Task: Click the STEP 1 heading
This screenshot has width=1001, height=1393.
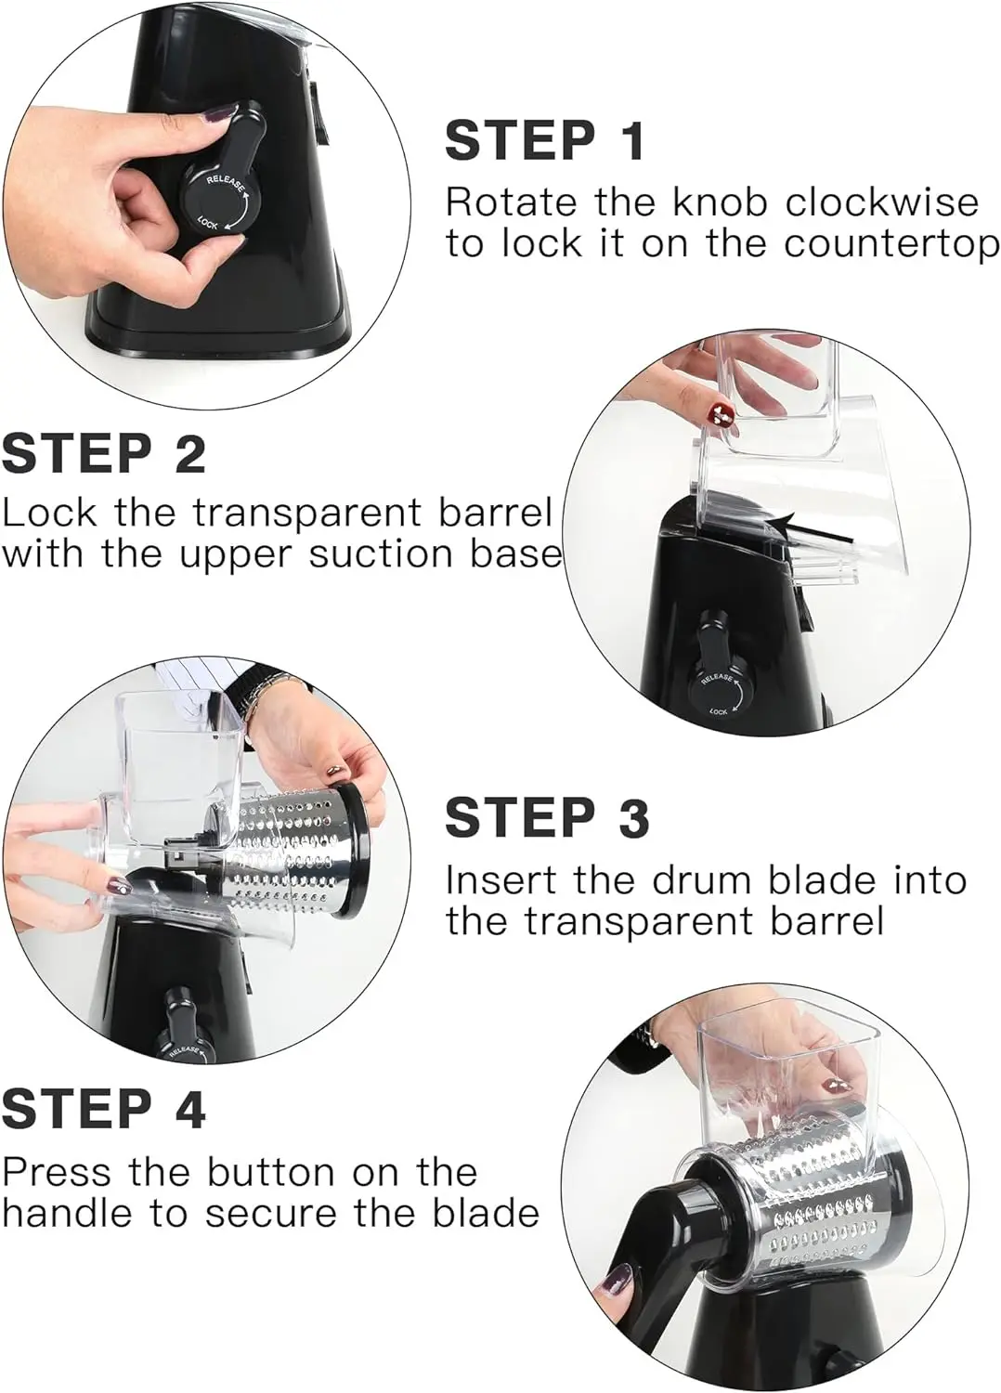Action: [x=545, y=140]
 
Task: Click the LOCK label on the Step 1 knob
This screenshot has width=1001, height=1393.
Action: [x=208, y=222]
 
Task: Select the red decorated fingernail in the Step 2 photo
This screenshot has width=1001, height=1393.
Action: [x=721, y=413]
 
